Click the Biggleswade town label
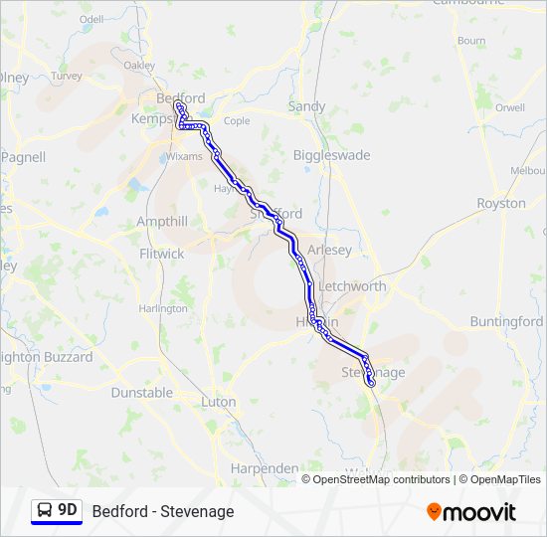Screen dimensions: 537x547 pos(331,155)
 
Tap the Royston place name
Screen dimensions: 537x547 pos(501,203)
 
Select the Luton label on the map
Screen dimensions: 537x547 pos(219,402)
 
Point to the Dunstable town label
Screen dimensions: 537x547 pos(141,392)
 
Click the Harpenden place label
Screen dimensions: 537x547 pos(264,467)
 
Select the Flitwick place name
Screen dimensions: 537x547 pos(162,254)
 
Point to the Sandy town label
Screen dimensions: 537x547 pos(306,106)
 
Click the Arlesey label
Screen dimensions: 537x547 pos(330,251)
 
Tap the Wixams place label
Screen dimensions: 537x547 pos(184,156)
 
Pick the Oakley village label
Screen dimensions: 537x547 pos(139,66)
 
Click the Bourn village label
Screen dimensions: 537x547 pos(471,41)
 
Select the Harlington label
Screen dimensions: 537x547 pos(163,308)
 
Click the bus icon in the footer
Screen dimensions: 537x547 pos(46,510)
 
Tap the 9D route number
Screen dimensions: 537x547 pos(68,510)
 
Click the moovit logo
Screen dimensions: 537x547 pos(471,512)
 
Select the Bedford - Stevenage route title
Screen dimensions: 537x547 pos(163,511)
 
